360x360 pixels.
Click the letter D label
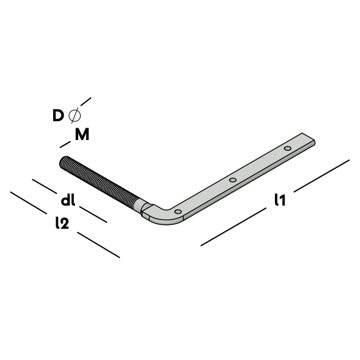pos(58,115)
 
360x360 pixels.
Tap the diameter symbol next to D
pos(74,115)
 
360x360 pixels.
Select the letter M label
pos(82,134)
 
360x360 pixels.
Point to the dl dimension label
pos(68,200)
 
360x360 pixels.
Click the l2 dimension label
pos(62,222)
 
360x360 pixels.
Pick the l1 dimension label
pos(280,199)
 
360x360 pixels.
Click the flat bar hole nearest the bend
pos(178,211)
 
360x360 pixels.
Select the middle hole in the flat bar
pos(232,180)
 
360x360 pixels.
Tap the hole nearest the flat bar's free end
pos(287,148)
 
